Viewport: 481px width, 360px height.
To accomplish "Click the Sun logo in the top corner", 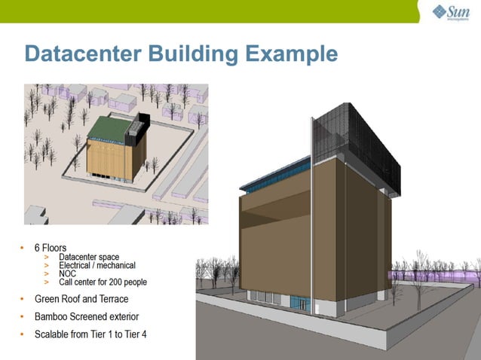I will tap(451, 12).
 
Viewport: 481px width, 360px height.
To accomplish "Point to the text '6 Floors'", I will tap(50, 247).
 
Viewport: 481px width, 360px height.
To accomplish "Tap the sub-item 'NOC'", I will tap(67, 274).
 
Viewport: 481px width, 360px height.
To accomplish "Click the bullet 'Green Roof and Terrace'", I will tap(81, 299).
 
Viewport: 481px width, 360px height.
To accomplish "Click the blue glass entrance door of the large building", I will tap(302, 304).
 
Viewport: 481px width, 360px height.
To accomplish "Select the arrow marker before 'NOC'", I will tap(47, 274).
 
